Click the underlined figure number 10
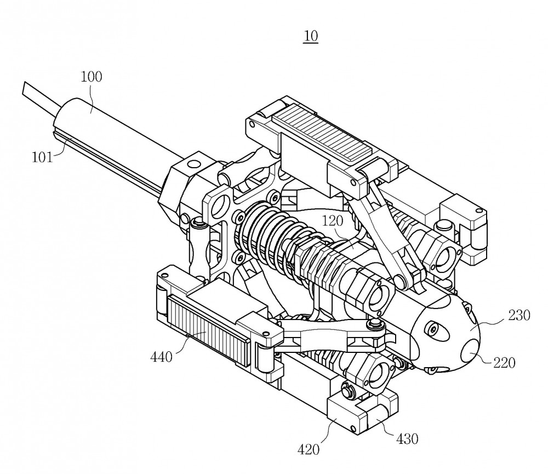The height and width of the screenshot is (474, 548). (311, 36)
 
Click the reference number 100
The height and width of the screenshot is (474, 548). (92, 77)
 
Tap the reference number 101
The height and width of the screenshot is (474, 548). (42, 157)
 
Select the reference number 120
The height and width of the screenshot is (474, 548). (333, 221)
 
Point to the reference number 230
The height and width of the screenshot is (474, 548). (519, 315)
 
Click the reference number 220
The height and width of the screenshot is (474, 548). (504, 363)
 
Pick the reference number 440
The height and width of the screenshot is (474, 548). (161, 357)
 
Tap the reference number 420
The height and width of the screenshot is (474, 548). (309, 449)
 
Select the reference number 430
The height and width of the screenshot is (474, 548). (407, 439)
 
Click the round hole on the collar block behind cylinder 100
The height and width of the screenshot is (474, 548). (194, 163)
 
